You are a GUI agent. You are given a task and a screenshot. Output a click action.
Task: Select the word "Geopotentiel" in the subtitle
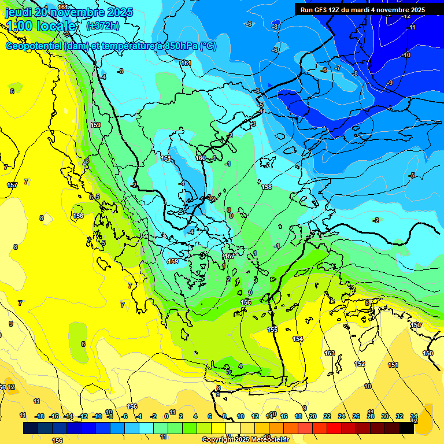33,46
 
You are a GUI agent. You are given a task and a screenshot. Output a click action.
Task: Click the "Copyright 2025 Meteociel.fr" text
245,440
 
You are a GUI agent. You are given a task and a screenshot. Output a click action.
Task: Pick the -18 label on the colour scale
39,416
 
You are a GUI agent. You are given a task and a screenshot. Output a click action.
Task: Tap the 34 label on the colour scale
414,416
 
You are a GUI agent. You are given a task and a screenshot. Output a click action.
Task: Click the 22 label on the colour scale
327,416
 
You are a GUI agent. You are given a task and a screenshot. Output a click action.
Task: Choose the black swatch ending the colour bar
406,428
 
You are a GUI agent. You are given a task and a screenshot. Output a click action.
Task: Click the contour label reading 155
272,330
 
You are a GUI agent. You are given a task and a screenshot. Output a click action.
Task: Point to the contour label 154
298,339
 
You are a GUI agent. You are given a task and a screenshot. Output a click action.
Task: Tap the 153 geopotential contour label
330,353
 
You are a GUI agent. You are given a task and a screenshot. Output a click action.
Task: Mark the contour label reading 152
360,364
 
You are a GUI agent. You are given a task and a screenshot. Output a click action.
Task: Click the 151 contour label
393,365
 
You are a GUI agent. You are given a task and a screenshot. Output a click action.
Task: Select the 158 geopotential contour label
267,187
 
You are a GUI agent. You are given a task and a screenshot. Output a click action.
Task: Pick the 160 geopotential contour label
201,158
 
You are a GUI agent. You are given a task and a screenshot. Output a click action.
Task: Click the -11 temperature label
412,27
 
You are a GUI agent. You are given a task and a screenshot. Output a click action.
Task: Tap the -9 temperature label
390,83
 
